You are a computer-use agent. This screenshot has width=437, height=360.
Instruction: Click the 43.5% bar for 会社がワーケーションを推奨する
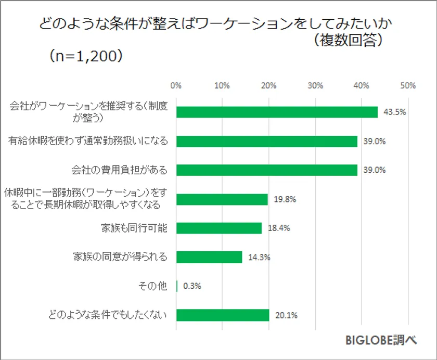277,112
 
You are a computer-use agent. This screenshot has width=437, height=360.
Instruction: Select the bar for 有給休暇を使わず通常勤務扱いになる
267,142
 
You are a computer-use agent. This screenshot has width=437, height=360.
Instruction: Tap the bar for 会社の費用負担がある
267,170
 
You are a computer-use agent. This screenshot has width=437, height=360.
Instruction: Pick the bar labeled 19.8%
222,199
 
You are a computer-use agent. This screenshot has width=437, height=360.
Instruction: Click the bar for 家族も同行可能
219,228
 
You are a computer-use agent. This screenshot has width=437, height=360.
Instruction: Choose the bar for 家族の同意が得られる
210,257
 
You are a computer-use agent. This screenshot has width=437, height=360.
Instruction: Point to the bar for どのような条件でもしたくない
223,315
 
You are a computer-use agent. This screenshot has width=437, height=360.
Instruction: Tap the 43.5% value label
394,112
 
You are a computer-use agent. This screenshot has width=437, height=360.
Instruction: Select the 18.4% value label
278,228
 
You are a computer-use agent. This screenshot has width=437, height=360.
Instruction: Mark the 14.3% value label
259,257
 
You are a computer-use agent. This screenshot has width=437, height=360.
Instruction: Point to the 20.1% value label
286,315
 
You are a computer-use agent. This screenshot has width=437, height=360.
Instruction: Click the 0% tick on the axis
176,85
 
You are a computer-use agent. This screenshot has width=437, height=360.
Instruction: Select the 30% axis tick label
315,85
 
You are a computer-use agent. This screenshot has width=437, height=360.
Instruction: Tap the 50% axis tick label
408,85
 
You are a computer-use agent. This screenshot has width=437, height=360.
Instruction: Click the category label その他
153,286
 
